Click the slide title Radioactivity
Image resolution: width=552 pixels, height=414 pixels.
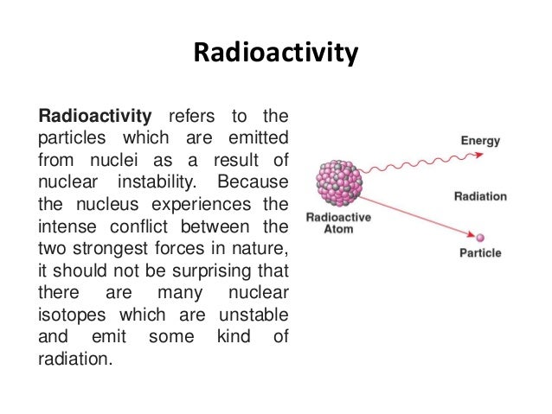point(275,54)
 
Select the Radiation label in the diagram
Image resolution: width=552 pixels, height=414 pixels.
point(480,196)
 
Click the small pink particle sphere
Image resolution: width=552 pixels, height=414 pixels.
point(480,238)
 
